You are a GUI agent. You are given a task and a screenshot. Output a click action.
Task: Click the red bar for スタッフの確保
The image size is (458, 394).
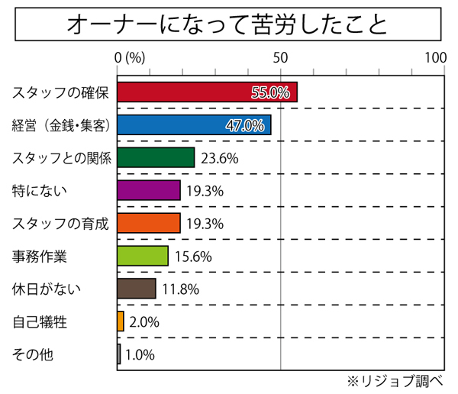(x=206, y=92)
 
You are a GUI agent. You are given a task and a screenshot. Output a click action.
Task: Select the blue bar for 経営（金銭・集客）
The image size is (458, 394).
(x=194, y=125)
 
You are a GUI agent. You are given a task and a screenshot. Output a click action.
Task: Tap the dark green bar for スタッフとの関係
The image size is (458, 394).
(x=156, y=158)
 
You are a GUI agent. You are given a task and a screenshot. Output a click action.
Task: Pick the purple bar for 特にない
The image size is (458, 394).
(x=149, y=190)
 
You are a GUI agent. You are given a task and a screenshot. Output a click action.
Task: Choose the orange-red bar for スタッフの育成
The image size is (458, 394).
(x=149, y=223)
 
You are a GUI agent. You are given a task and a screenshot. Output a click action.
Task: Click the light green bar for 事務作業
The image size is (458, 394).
(x=143, y=256)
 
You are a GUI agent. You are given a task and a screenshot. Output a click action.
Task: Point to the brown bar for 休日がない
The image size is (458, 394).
(x=137, y=289)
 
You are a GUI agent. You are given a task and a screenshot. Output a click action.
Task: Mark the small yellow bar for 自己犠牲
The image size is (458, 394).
(x=121, y=321)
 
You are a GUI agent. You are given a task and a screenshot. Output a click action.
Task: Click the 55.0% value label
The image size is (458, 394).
(x=270, y=93)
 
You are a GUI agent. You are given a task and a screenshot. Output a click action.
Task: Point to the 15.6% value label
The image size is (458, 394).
(x=193, y=257)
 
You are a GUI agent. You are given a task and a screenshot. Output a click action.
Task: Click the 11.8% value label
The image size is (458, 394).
(x=181, y=289)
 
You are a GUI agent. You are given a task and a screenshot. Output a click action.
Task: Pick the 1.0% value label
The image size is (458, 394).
(x=140, y=354)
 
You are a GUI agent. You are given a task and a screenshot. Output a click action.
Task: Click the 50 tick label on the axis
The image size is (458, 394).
(x=281, y=58)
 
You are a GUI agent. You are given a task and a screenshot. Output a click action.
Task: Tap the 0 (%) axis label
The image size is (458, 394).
(x=130, y=58)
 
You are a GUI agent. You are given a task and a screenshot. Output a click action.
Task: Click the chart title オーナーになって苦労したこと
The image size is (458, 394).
(x=227, y=24)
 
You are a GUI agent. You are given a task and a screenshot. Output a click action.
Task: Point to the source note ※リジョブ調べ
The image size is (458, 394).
(x=399, y=379)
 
